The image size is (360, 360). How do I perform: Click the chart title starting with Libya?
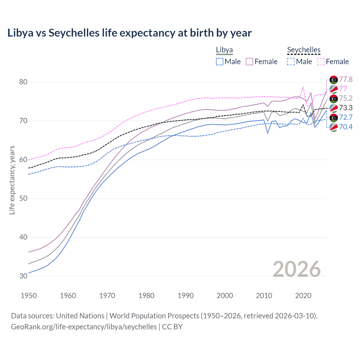point(129,33)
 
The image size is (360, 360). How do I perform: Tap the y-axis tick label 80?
point(23,82)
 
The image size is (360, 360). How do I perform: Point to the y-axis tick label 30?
point(23,276)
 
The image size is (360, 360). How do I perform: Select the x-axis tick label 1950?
point(29,296)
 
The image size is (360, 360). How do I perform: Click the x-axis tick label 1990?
point(186,296)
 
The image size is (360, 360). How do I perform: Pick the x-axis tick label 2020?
point(303,296)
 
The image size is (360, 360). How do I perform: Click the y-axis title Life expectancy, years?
point(12,180)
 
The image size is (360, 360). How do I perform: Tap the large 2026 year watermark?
point(296,269)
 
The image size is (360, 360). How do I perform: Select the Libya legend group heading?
point(224,50)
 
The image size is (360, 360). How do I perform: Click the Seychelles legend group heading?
point(303,50)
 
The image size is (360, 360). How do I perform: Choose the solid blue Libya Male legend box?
point(220,62)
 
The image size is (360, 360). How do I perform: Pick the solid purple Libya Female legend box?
point(249,62)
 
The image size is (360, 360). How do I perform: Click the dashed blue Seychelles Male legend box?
point(291,62)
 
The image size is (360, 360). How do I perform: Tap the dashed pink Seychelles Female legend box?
point(321,62)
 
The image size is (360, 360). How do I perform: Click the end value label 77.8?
point(346,79)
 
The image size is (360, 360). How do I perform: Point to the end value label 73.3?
point(346,108)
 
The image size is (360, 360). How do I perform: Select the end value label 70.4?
point(346,127)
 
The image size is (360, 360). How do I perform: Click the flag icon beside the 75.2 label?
point(334,98)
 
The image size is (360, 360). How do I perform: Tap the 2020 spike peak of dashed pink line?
point(303,87)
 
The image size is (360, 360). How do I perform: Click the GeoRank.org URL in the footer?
point(84,327)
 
